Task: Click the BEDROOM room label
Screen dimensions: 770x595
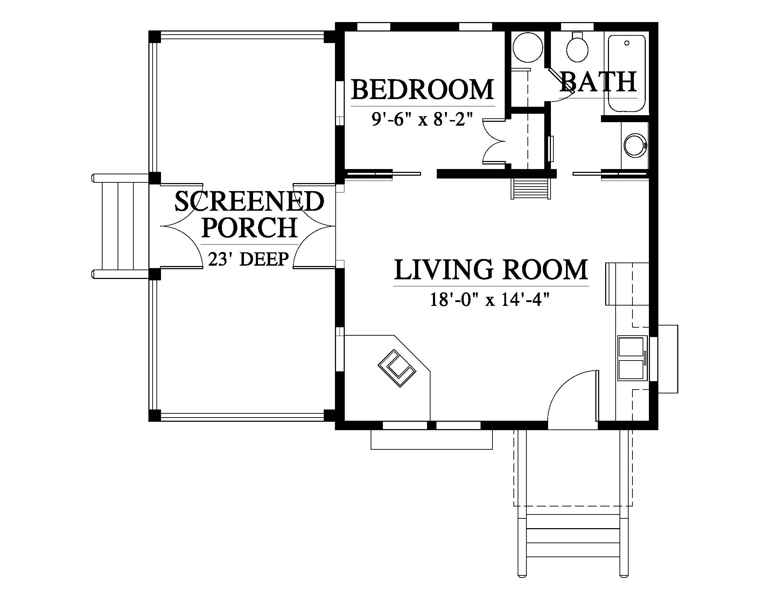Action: point(422,90)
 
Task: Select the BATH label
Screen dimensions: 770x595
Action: point(598,82)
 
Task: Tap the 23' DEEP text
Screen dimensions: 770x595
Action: point(248,259)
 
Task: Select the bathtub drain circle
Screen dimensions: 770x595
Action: point(626,43)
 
